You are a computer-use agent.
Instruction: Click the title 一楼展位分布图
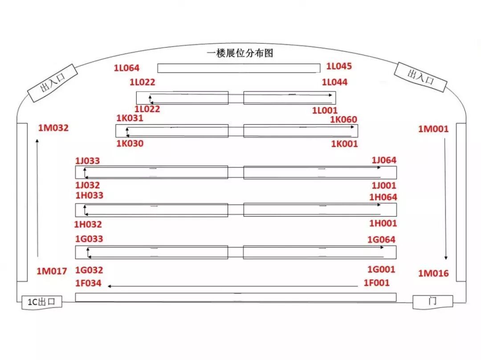(240, 53)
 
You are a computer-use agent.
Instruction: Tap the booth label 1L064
(126, 68)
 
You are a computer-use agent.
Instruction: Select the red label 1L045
(339, 66)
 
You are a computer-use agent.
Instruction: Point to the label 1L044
(334, 82)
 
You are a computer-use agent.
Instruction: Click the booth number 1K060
(343, 119)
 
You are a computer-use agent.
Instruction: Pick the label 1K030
(130, 143)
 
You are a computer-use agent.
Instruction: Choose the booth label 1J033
(87, 161)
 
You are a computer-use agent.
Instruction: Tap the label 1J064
(384, 160)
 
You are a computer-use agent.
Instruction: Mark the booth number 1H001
(383, 223)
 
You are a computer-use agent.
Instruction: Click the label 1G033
(89, 239)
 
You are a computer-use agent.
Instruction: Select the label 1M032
(53, 128)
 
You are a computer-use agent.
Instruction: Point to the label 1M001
(433, 129)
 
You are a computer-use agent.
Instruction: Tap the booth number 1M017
(52, 271)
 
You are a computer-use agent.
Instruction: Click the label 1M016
(433, 273)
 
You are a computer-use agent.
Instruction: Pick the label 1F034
(88, 283)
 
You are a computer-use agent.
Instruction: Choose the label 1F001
(376, 283)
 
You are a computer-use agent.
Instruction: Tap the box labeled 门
(432, 301)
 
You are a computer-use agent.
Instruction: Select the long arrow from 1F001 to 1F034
(232, 286)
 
